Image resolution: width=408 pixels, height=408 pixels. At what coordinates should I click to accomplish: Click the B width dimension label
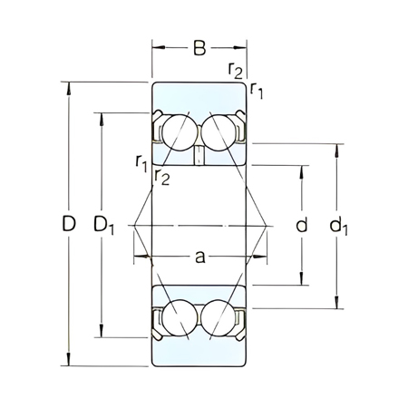[199, 48]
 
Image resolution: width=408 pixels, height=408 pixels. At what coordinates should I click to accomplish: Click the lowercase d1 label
[340, 225]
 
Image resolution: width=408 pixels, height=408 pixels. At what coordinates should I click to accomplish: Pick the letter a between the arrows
[199, 257]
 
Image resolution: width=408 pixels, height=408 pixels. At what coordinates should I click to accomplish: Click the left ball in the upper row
[179, 133]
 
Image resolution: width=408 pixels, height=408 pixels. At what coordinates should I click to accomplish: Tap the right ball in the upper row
[220, 133]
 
